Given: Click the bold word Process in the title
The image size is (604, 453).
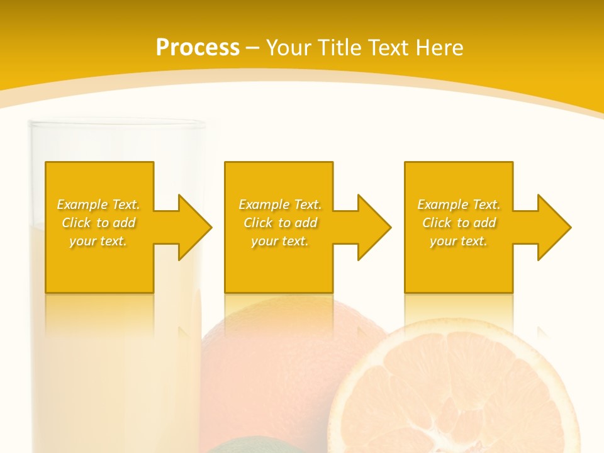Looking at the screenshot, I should tap(198, 48).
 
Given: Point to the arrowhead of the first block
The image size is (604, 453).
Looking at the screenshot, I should tap(194, 227).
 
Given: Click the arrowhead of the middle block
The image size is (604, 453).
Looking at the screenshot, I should tap(374, 227).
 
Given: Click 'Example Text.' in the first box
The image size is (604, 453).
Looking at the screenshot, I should tap(98, 204).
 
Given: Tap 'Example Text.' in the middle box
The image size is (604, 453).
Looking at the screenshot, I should tap(280, 204).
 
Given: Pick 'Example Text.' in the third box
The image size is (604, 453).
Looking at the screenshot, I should tap(459, 204).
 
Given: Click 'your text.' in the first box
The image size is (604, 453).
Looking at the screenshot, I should tap(98, 241).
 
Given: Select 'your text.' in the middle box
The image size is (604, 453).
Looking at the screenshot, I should tap(280, 241).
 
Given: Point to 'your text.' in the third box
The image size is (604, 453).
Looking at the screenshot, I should tap(459, 241).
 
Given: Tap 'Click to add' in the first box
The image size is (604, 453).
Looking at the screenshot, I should tap(98, 223).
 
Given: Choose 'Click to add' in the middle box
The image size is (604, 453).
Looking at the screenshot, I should tap(280, 223).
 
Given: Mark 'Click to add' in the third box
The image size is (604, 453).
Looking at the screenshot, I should tap(459, 223).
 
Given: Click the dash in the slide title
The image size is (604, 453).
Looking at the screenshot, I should tap(252, 48).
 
